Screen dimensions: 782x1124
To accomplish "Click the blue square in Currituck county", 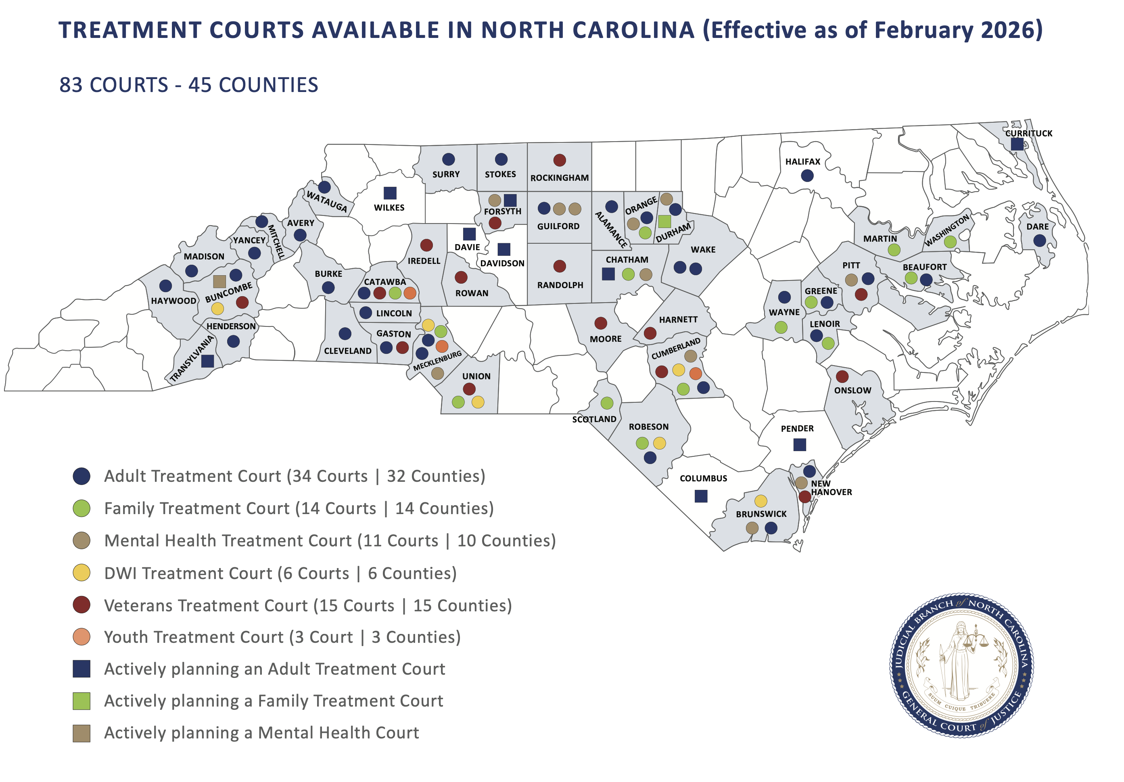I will pyautogui.click(x=1017, y=144).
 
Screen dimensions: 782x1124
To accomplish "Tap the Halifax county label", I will pyautogui.click(x=802, y=161).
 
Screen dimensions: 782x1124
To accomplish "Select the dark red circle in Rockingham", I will pyautogui.click(x=560, y=160).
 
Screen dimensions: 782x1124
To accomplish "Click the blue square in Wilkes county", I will pyautogui.click(x=390, y=193).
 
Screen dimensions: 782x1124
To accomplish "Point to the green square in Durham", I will pyautogui.click(x=664, y=222).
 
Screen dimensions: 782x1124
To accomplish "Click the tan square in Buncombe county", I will pyautogui.click(x=219, y=281).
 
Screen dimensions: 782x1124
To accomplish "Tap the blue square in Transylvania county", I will pyautogui.click(x=207, y=361).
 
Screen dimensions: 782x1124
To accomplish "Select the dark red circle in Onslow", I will pyautogui.click(x=842, y=376).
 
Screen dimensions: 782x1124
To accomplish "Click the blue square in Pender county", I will pyautogui.click(x=800, y=445).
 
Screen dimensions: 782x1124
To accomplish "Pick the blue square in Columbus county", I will pyautogui.click(x=701, y=496).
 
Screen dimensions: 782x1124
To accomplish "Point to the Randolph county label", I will pyautogui.click(x=560, y=285).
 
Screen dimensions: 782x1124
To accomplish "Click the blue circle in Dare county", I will pyautogui.click(x=1039, y=240).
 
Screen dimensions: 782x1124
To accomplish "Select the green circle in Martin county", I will pyautogui.click(x=894, y=250).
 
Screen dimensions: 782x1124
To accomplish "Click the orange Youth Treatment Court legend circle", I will pyautogui.click(x=81, y=637).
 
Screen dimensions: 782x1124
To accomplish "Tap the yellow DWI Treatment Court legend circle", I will pyautogui.click(x=81, y=573).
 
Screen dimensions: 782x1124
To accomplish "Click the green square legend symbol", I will pyautogui.click(x=81, y=701).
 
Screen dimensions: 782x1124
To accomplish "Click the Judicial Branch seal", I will pyautogui.click(x=961, y=665).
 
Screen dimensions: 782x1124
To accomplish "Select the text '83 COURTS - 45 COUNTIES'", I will pyautogui.click(x=188, y=85).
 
